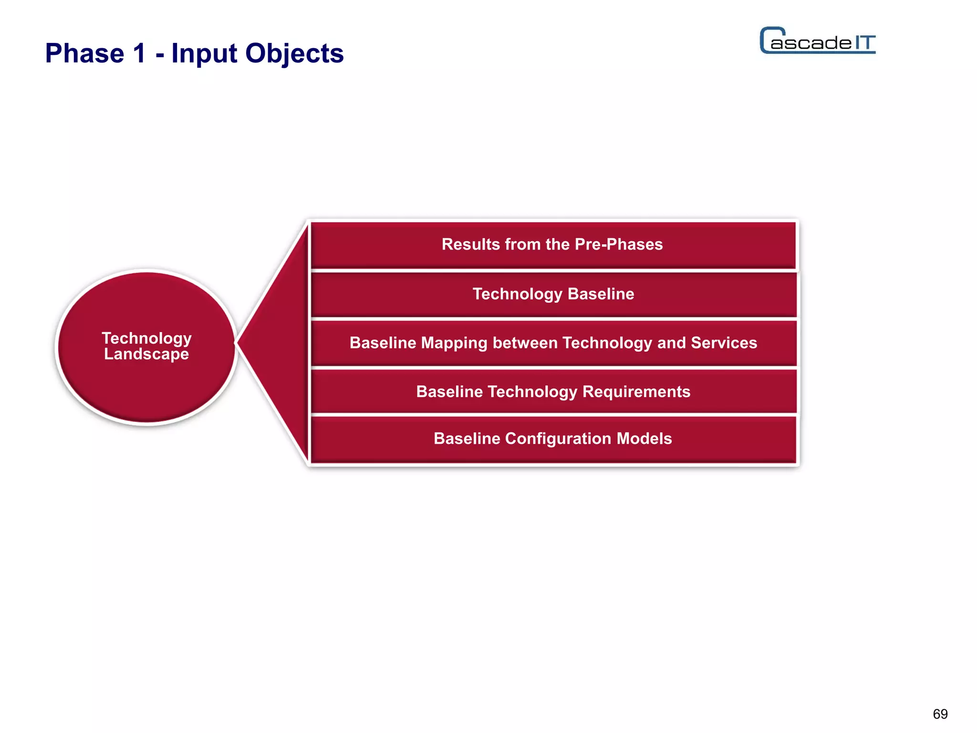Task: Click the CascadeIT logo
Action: point(818,41)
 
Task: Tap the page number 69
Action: point(940,714)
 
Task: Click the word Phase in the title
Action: point(84,53)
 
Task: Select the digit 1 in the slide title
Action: point(139,53)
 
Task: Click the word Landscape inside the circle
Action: point(146,355)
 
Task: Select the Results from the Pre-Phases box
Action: point(552,244)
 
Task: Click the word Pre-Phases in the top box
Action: point(618,244)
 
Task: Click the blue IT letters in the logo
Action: point(864,42)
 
